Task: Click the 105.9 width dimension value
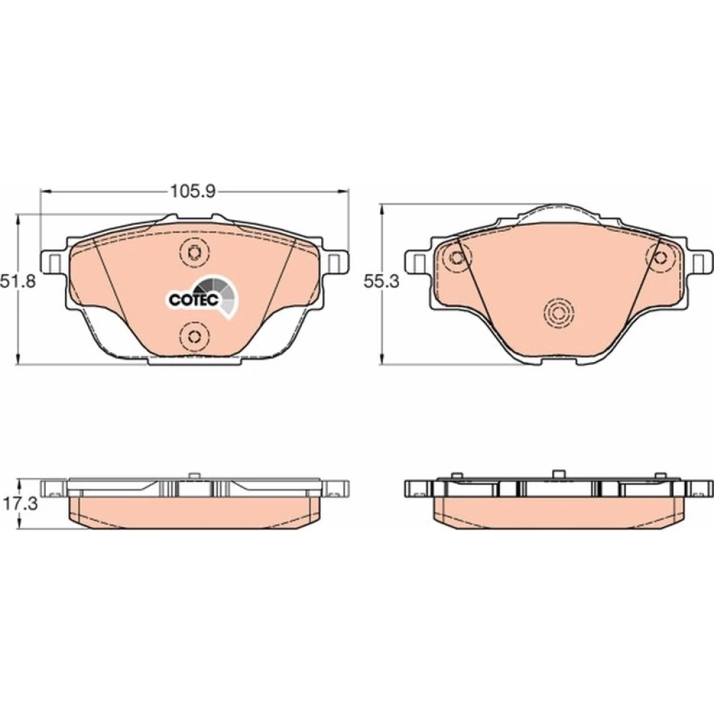[x=192, y=191]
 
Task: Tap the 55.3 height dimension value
[x=381, y=281]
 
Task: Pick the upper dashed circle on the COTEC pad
[x=194, y=252]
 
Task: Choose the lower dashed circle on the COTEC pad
[x=194, y=336]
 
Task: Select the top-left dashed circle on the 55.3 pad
[x=457, y=258]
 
